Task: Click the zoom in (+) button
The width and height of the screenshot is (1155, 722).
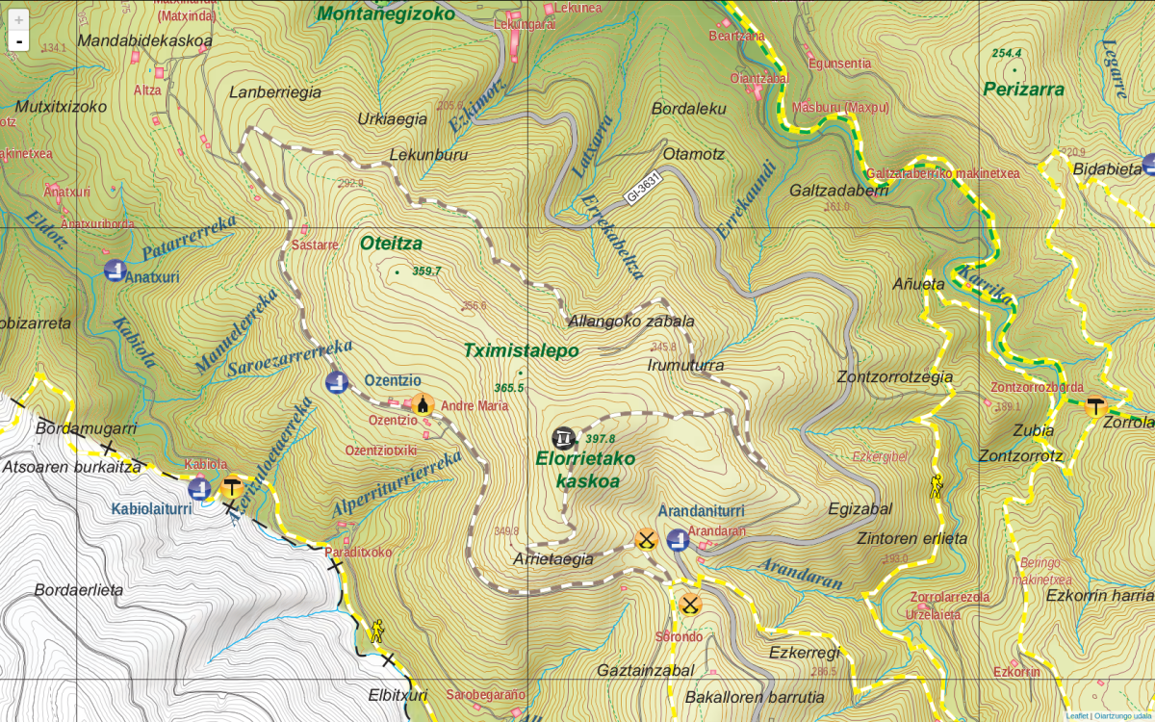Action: tap(18, 19)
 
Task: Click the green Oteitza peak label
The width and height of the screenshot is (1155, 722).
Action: tap(391, 244)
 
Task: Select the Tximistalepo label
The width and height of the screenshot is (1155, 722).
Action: tap(521, 350)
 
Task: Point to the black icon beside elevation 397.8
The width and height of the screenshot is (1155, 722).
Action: tap(564, 437)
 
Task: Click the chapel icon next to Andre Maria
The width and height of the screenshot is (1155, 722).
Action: tap(423, 405)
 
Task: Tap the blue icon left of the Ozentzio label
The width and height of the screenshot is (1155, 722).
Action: tap(336, 382)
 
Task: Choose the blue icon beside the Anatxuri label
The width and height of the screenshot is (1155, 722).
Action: tap(115, 271)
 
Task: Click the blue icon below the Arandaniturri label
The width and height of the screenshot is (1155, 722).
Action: tap(678, 539)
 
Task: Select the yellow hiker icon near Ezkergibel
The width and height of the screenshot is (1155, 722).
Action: tap(936, 486)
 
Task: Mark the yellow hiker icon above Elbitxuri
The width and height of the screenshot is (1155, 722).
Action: tap(376, 631)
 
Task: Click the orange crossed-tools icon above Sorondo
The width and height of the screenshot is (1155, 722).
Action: tap(690, 605)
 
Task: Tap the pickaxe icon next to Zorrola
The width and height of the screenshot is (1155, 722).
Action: tap(1094, 407)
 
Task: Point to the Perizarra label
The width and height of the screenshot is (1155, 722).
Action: tap(1023, 90)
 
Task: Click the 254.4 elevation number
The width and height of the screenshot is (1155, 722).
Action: tap(1007, 54)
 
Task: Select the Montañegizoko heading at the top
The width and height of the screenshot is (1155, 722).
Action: tap(385, 13)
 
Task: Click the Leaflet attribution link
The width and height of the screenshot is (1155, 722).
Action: tap(1076, 715)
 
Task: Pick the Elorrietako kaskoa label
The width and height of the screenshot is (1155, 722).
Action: tap(585, 470)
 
